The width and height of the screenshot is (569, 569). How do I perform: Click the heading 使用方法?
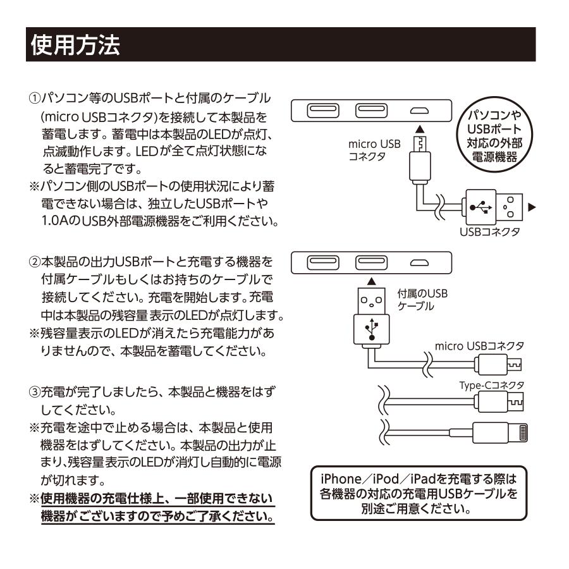[x=74, y=45]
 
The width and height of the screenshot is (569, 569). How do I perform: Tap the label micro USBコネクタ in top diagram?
[x=374, y=150]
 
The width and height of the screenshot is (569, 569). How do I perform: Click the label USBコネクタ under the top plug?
[x=490, y=233]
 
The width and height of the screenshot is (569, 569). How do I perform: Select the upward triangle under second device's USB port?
[x=371, y=280]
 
